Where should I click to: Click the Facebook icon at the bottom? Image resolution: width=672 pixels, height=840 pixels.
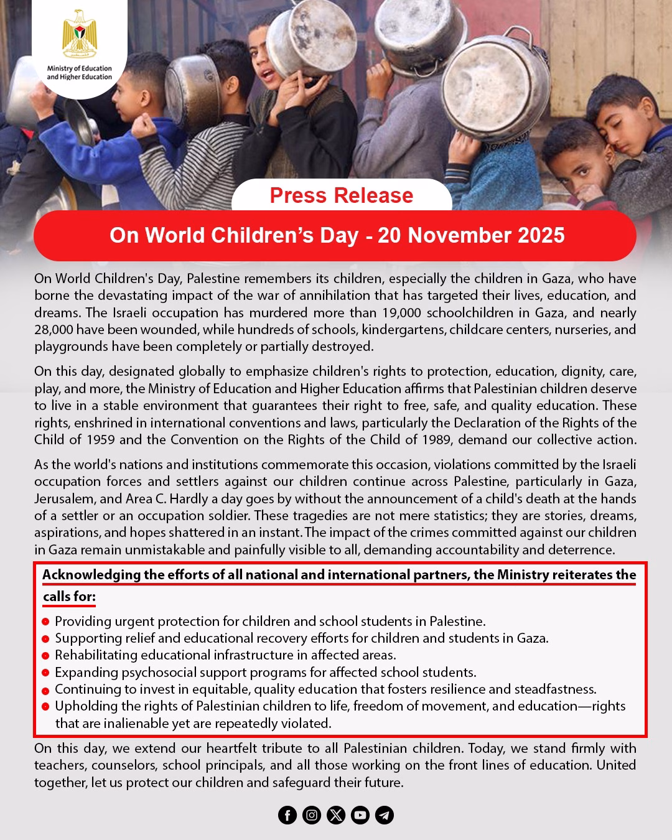(x=287, y=815)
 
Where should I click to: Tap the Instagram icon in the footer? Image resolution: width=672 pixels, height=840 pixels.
(x=312, y=815)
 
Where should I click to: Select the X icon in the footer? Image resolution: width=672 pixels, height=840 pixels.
(x=336, y=815)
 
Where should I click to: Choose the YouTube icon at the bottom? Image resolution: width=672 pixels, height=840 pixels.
(x=360, y=815)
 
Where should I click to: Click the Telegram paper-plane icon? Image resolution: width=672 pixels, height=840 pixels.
(x=385, y=815)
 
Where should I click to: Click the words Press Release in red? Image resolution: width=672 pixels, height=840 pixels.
(x=342, y=195)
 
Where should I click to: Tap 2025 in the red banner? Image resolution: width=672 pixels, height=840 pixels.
(x=541, y=235)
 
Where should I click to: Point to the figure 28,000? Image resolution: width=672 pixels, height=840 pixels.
(x=54, y=329)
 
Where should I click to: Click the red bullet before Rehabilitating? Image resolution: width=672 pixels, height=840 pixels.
(x=45, y=656)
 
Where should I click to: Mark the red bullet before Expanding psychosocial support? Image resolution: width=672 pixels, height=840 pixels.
(x=45, y=673)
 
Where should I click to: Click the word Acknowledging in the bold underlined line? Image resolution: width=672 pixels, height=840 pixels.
(x=91, y=575)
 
